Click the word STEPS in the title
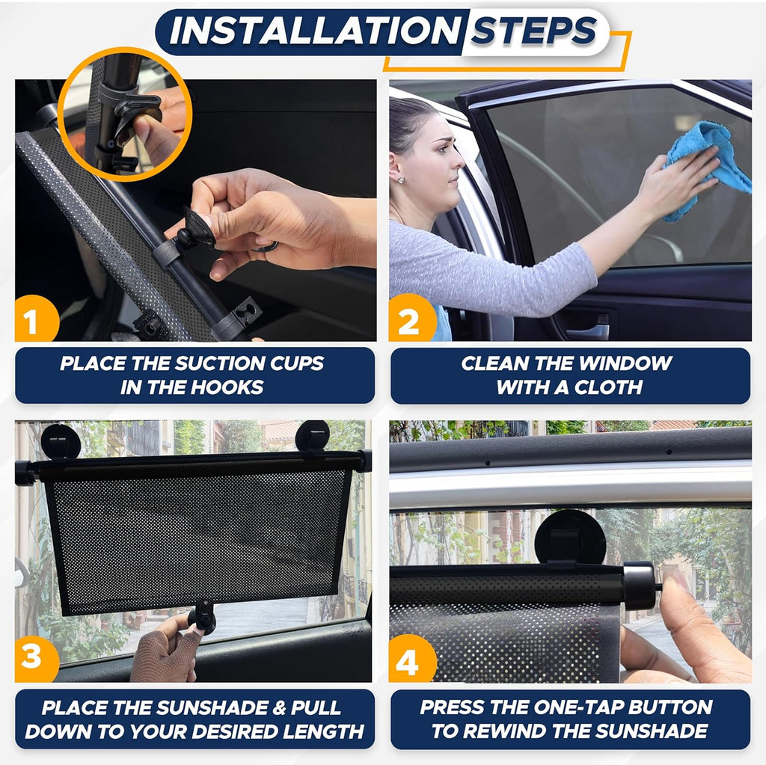[x=534, y=31]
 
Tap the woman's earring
[x=402, y=179]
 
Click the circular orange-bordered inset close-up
[x=124, y=114]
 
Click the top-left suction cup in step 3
[x=61, y=440]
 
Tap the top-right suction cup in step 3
[x=312, y=436]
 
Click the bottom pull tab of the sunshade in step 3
[x=202, y=618]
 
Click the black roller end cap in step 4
[x=639, y=585]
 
